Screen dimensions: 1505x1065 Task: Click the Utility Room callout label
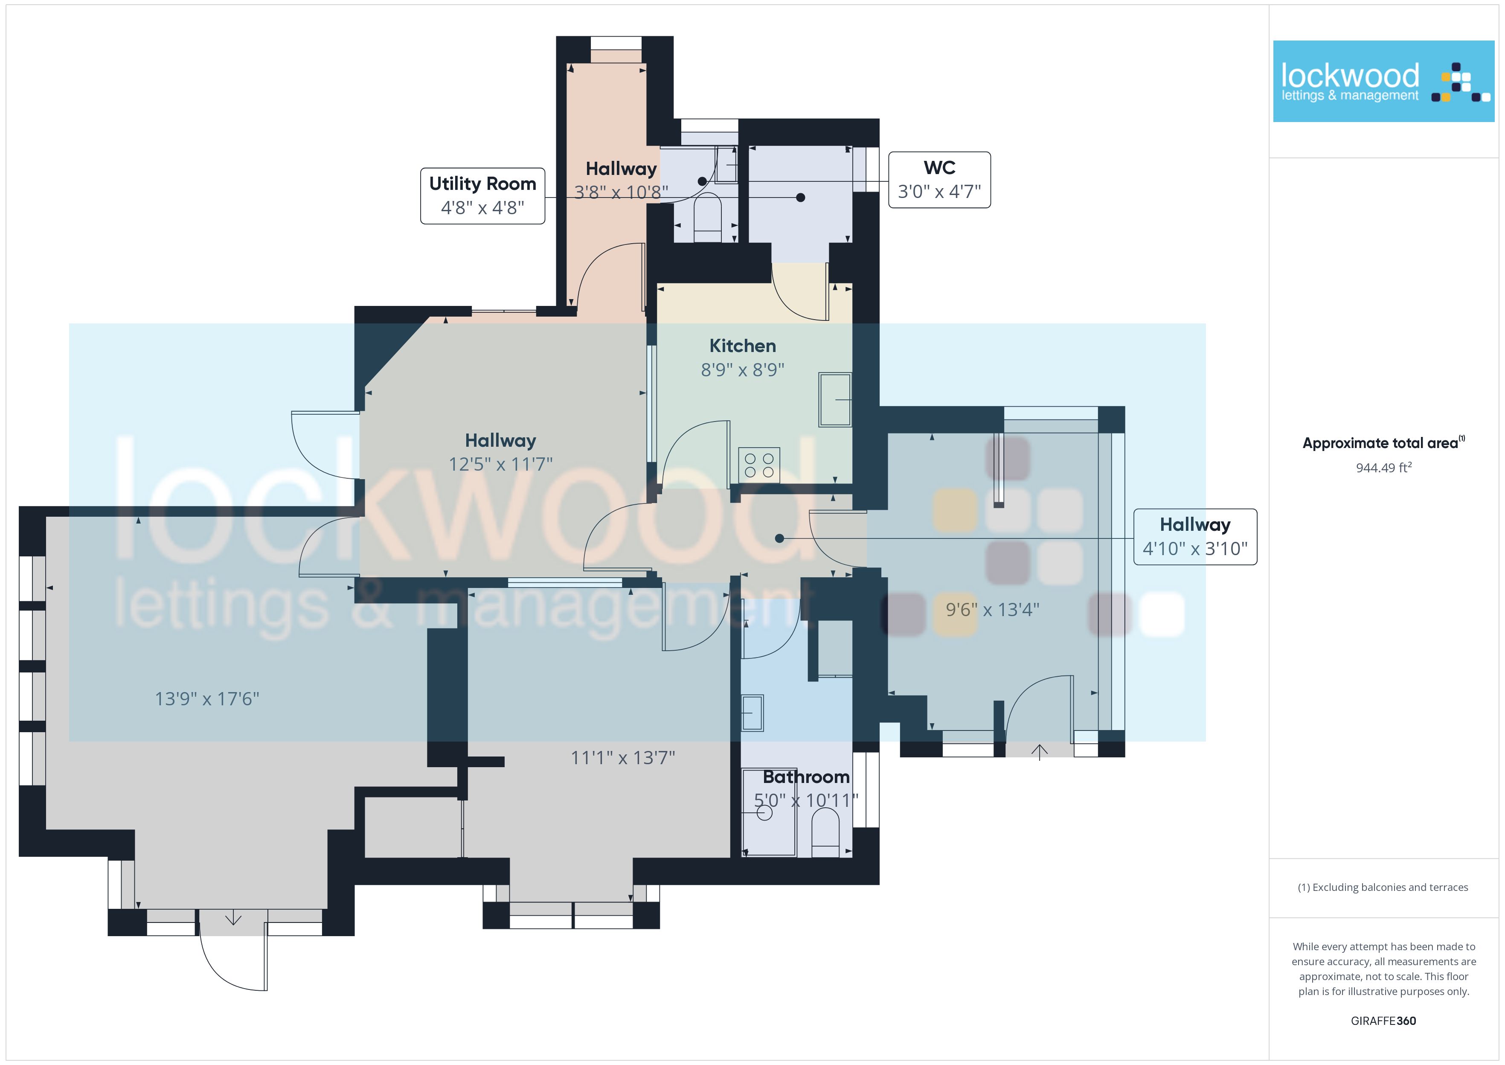click(482, 195)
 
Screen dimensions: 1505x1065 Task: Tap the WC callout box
click(939, 180)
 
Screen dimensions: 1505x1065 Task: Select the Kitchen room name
click(743, 346)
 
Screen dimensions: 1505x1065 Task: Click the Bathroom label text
click(806, 777)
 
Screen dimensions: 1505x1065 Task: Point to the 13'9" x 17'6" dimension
click(207, 699)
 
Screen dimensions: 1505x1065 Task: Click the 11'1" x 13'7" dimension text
click(623, 758)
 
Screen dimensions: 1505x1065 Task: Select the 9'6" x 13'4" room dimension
click(992, 610)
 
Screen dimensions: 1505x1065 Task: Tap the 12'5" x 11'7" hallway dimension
click(501, 464)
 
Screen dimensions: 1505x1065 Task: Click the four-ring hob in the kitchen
click(759, 465)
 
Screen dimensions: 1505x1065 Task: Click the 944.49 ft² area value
click(1384, 468)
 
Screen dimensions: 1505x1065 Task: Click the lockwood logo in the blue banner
click(1384, 81)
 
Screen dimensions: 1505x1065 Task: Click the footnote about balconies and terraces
click(1383, 887)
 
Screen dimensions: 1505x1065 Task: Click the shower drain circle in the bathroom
click(764, 813)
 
